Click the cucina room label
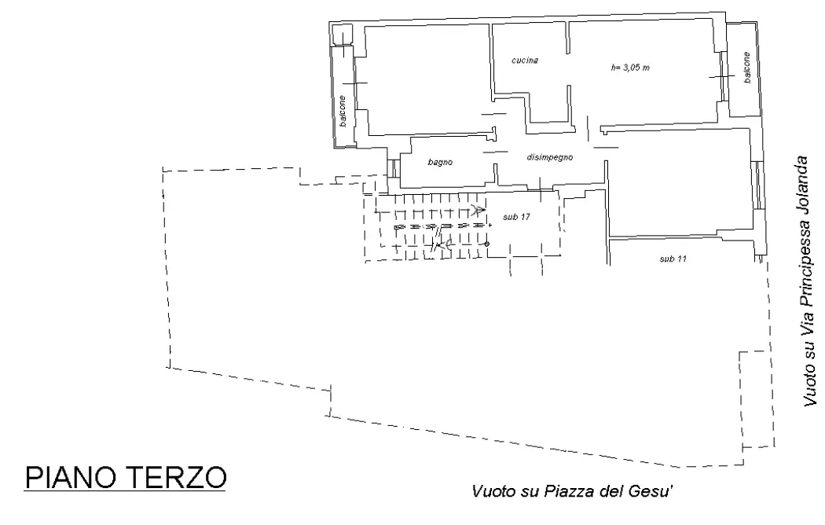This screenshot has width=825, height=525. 524,61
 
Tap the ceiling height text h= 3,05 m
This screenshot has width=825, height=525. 630,68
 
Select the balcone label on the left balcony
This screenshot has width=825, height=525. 343,113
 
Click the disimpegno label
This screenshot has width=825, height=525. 549,157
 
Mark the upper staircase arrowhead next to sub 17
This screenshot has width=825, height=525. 477,209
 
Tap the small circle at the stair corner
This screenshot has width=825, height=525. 487,244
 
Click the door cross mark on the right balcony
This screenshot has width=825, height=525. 721,75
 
